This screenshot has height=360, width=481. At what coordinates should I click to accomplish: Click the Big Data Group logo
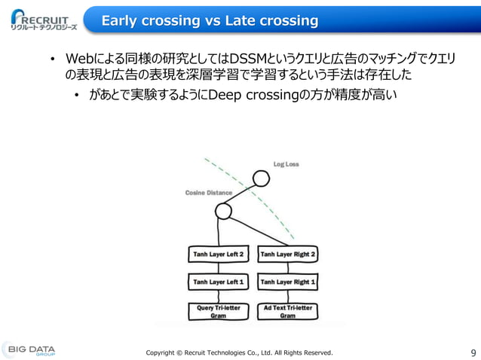click(30, 350)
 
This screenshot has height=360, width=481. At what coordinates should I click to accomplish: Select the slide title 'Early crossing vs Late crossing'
click(210, 20)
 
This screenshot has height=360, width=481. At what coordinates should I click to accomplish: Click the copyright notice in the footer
click(238, 352)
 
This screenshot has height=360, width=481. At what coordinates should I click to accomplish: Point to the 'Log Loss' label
click(286, 164)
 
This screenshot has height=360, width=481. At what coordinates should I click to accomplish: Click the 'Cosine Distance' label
click(209, 193)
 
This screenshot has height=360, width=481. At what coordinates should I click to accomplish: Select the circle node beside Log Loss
click(261, 178)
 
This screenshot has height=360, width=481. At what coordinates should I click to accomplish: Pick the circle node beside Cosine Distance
click(223, 212)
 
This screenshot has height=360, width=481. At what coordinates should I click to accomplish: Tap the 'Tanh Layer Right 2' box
click(287, 255)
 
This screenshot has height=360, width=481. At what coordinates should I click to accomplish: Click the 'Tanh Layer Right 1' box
click(287, 282)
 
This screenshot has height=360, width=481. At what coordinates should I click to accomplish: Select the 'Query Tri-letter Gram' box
click(217, 311)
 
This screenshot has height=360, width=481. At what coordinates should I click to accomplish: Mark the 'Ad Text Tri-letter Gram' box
click(287, 311)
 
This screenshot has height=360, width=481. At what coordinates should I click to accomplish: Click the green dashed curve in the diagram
click(249, 191)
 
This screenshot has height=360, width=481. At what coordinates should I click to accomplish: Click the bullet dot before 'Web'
click(53, 60)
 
